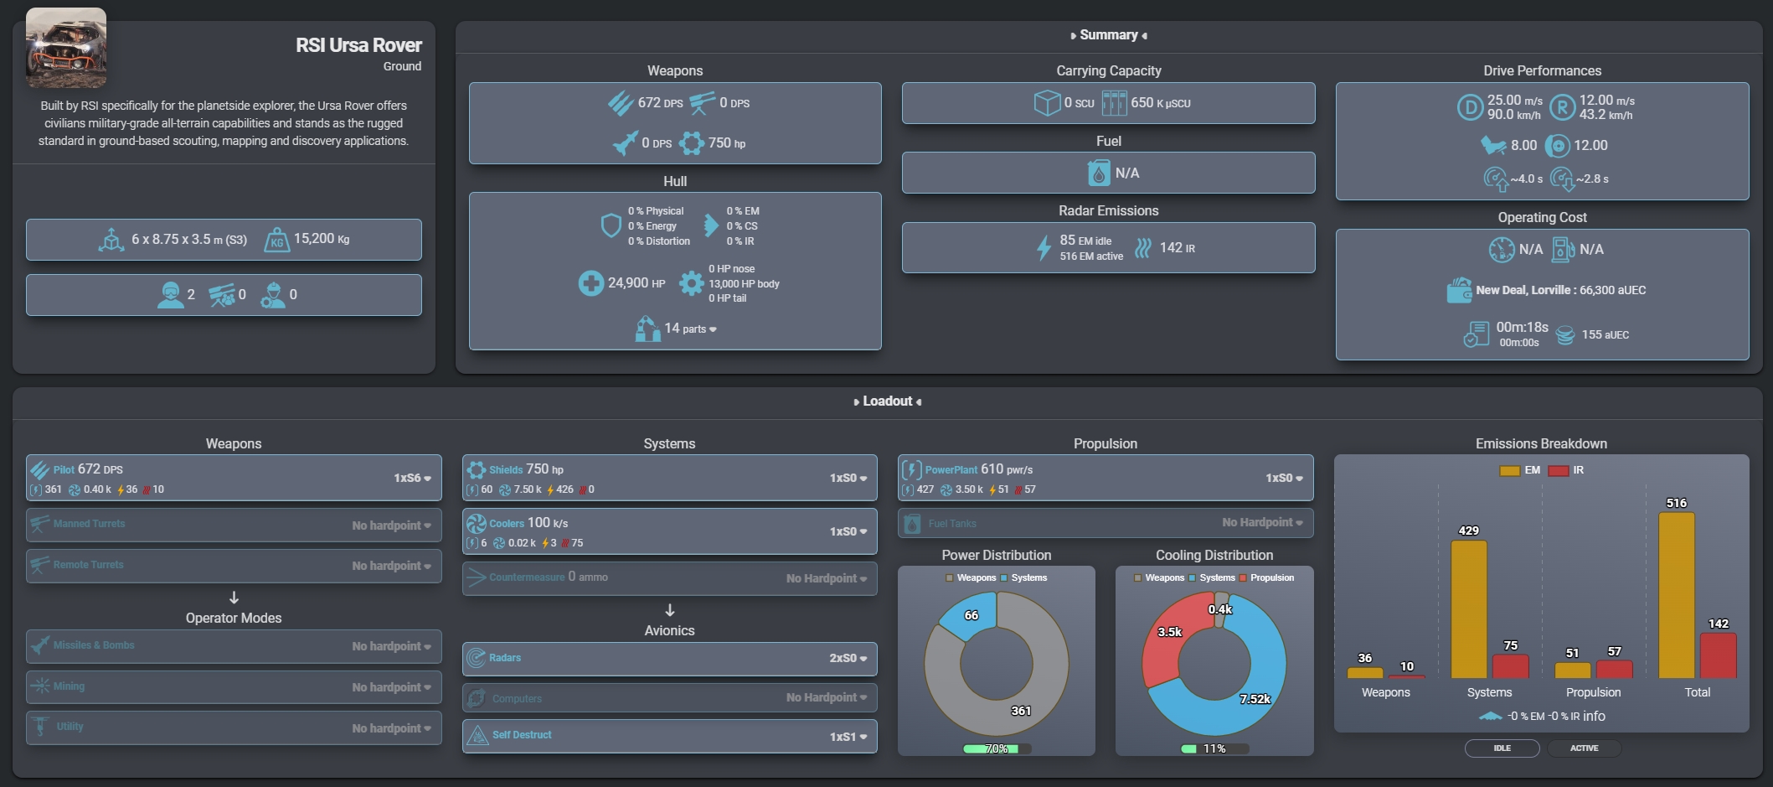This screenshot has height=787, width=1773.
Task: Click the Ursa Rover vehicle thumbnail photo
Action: pyautogui.click(x=66, y=48)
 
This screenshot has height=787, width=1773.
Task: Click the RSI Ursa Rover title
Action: pyautogui.click(x=358, y=45)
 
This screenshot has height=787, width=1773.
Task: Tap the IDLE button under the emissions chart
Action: pyautogui.click(x=1502, y=748)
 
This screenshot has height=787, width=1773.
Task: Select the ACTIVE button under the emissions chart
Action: pyautogui.click(x=1584, y=748)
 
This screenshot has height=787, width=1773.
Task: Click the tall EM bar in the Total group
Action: pyautogui.click(x=1676, y=595)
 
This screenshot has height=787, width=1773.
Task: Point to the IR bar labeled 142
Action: pyautogui.click(x=1718, y=655)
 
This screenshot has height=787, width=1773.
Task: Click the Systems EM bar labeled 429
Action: pyautogui.click(x=1468, y=609)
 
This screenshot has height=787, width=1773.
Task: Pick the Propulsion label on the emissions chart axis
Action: pyautogui.click(x=1593, y=692)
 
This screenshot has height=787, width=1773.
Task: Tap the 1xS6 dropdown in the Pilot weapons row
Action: pyautogui.click(x=412, y=478)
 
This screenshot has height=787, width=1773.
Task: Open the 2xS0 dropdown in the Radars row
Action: pyautogui.click(x=848, y=658)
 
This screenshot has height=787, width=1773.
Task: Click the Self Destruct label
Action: pyautogui.click(x=522, y=735)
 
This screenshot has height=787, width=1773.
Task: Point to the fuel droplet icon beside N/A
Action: pyautogui.click(x=1098, y=173)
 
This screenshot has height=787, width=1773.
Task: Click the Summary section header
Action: pyautogui.click(x=1108, y=35)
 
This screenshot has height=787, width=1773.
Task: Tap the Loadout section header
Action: pyautogui.click(x=887, y=401)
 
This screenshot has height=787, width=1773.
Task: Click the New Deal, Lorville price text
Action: pyautogui.click(x=1560, y=290)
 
